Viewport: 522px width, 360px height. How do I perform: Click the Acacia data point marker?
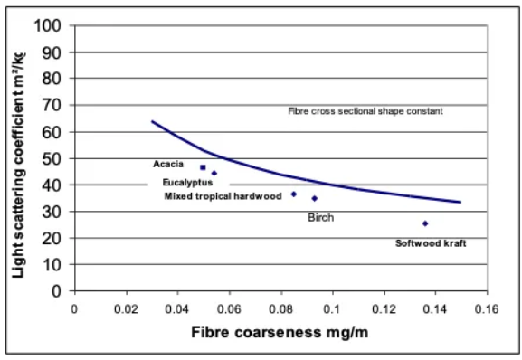pyautogui.click(x=203, y=167)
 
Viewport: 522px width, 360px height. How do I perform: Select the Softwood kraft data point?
pyautogui.click(x=425, y=223)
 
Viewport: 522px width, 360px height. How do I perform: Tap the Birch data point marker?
pyautogui.click(x=314, y=198)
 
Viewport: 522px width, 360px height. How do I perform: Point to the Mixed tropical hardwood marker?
pyautogui.click(x=294, y=194)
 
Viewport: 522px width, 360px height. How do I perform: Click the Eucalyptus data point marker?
pyautogui.click(x=214, y=173)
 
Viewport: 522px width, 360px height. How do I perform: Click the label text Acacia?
pyautogui.click(x=168, y=165)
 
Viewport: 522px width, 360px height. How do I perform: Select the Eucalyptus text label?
pyautogui.click(x=187, y=183)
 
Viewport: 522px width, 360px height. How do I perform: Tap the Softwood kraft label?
pyautogui.click(x=431, y=243)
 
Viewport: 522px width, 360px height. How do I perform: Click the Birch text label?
pyautogui.click(x=321, y=218)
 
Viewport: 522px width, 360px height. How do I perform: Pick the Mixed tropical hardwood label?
pyautogui.click(x=223, y=195)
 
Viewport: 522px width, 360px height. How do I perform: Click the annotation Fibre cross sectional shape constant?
pyautogui.click(x=365, y=111)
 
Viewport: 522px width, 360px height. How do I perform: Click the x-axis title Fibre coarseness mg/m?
pyautogui.click(x=280, y=332)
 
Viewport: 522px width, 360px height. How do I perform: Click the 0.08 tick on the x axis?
pyautogui.click(x=281, y=308)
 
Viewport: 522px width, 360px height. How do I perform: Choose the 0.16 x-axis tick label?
pyautogui.click(x=488, y=308)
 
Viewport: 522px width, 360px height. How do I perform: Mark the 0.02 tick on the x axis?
pyautogui.click(x=126, y=308)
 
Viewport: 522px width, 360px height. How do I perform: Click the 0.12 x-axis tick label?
pyautogui.click(x=384, y=308)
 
